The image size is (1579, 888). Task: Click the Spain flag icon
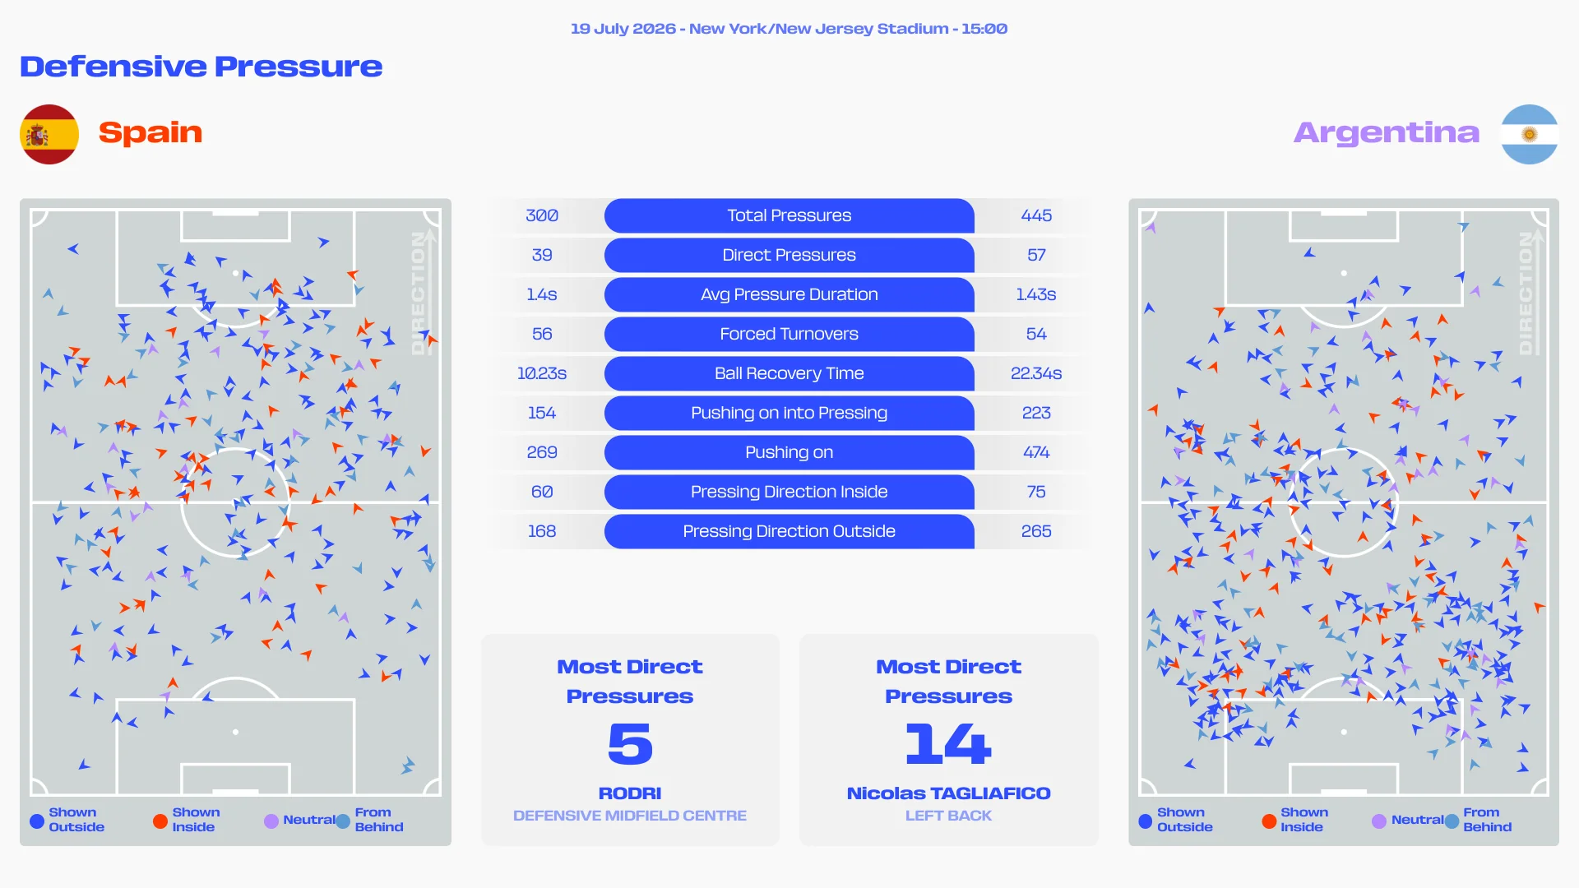[49, 134]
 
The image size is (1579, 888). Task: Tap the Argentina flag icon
[1529, 134]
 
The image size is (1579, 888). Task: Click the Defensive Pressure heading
[201, 67]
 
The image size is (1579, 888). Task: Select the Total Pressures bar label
[789, 215]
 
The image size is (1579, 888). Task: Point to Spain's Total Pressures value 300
[542, 215]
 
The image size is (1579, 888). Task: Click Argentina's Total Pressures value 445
[1036, 215]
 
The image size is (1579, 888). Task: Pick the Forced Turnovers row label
[789, 334]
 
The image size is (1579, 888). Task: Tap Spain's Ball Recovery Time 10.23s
[542, 373]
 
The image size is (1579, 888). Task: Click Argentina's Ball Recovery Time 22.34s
[1036, 373]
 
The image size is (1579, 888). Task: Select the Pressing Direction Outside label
[789, 531]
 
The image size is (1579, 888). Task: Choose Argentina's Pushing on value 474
[1036, 452]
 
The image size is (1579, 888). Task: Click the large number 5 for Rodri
[630, 743]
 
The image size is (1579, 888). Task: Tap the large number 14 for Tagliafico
[948, 743]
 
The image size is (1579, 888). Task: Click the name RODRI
[630, 793]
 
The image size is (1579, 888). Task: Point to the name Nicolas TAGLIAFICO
[949, 793]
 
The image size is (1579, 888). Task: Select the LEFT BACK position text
[948, 816]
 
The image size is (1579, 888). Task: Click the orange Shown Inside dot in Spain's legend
[160, 821]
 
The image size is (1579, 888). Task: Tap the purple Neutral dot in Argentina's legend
[1379, 821]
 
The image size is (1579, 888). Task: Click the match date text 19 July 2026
[623, 29]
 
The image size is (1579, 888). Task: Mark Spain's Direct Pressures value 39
[542, 255]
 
